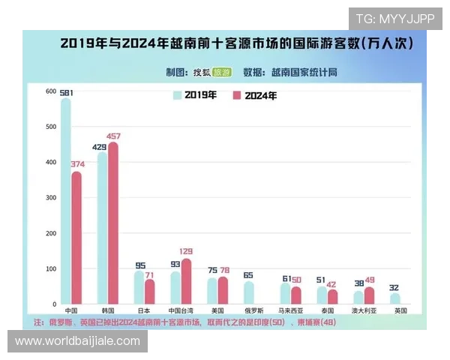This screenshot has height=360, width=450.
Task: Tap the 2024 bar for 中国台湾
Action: pyautogui.click(x=186, y=281)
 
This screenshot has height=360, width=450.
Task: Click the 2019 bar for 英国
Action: pyautogui.click(x=395, y=298)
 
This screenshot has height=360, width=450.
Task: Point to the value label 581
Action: pyautogui.click(x=67, y=92)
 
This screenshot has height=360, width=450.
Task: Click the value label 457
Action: pyautogui.click(x=114, y=136)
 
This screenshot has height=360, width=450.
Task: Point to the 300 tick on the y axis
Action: pyautogui.click(x=51, y=198)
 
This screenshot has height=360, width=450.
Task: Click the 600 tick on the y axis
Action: pyautogui.click(x=51, y=91)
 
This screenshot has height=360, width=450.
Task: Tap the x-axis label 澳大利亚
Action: pyautogui.click(x=363, y=310)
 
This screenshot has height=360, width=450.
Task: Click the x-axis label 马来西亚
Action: pyautogui.click(x=290, y=310)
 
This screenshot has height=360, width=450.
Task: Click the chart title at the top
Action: pyautogui.click(x=236, y=43)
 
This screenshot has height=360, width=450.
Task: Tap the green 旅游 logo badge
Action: pyautogui.click(x=221, y=72)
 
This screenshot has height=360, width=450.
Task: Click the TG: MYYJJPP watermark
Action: pyautogui.click(x=394, y=19)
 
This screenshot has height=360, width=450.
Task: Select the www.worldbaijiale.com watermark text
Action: pyautogui.click(x=77, y=341)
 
